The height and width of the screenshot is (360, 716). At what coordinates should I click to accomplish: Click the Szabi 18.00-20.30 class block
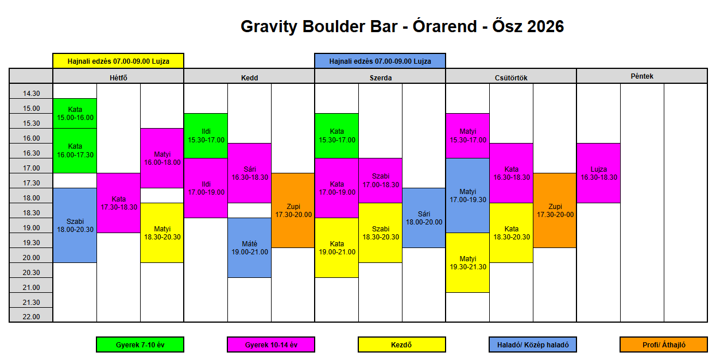tap(75, 226)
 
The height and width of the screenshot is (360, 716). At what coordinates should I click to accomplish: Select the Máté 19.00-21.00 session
tap(249, 248)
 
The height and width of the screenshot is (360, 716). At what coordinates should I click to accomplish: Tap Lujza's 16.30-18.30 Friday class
tap(598, 173)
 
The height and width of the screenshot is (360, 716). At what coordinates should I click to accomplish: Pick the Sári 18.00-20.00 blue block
tap(424, 218)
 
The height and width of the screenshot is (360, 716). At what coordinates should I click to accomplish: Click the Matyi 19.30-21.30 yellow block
tap(467, 262)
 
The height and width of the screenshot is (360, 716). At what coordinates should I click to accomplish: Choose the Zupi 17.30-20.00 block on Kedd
tap(293, 210)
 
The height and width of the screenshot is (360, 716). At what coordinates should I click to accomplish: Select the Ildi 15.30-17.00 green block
tap(206, 136)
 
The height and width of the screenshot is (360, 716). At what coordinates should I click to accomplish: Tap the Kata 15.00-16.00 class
tap(75, 114)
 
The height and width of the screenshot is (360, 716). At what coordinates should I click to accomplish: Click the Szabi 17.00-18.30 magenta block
tap(380, 181)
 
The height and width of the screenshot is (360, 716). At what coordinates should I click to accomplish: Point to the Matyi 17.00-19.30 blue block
tap(467, 196)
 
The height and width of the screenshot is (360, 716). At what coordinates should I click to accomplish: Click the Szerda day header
tap(380, 78)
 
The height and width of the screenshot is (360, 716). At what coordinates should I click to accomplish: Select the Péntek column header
tap(642, 76)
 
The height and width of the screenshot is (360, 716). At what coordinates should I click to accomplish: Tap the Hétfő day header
tap(119, 78)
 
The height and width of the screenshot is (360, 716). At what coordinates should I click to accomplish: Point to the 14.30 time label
tap(32, 94)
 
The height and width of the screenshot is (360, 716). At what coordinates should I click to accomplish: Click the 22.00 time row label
tap(32, 316)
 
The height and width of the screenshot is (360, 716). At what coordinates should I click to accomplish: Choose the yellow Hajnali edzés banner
tap(118, 61)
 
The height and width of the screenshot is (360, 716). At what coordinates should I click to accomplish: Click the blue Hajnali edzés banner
tap(380, 61)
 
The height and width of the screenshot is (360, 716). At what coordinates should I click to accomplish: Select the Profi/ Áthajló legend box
tap(664, 344)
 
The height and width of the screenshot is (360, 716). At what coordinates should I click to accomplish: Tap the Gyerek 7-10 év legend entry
tap(140, 344)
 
